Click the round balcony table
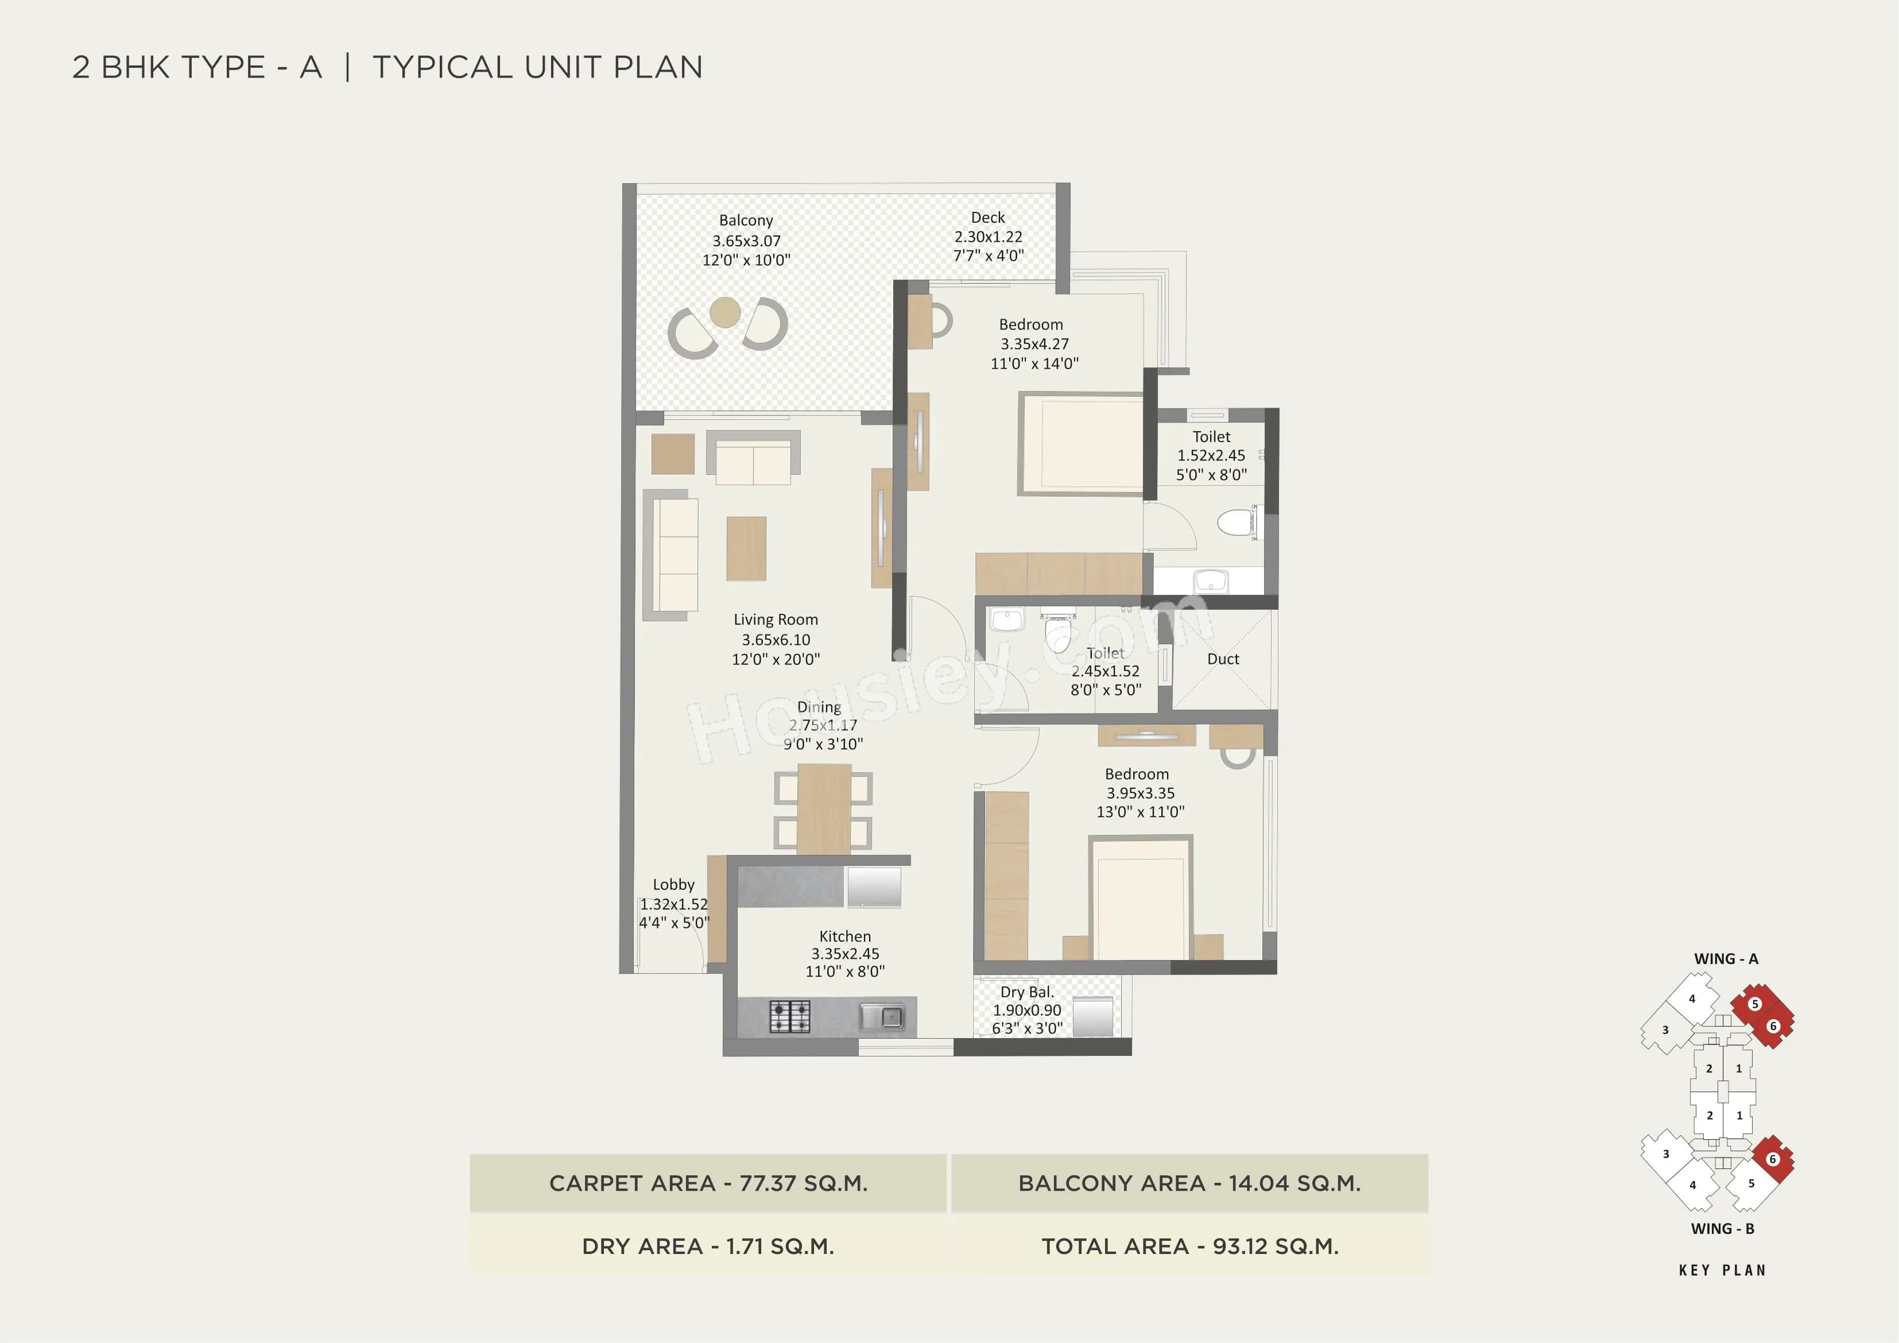726,312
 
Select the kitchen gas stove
790,1016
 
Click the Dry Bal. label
1026,992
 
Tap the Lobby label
673,885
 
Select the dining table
824,808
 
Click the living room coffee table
746,548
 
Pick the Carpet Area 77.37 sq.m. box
708,1183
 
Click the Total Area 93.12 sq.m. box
1189,1246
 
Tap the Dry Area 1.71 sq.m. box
708,1246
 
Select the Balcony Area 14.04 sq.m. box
1189,1183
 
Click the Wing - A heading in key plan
1726,959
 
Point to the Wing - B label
1723,1229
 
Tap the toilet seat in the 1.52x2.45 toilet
1237,522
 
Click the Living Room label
776,620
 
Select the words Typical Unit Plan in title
537,67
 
